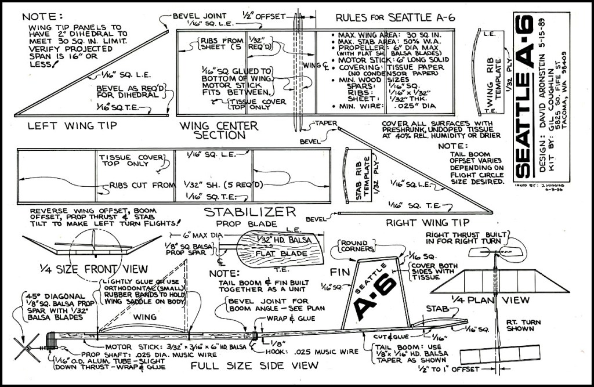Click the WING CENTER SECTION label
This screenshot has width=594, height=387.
pos(212,129)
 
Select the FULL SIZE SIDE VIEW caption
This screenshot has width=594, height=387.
pos(255,366)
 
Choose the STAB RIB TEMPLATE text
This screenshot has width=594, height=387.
pos(358,177)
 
